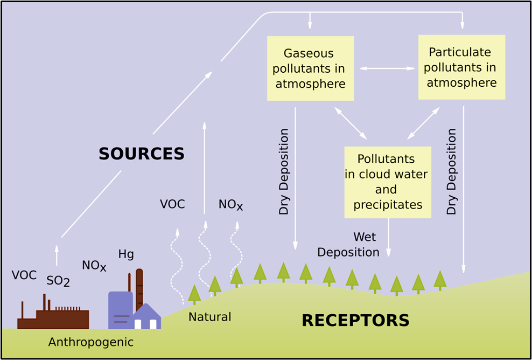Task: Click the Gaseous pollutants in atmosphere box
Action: (310, 68)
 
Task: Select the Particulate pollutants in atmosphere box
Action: (461, 67)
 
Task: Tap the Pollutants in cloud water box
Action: (387, 182)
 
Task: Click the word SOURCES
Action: (142, 154)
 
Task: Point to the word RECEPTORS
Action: (355, 321)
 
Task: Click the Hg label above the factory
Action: (126, 254)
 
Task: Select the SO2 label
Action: (58, 281)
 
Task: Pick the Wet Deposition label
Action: (349, 245)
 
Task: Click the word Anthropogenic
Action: (91, 342)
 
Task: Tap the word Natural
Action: (209, 317)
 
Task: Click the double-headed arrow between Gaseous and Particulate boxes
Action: (387, 68)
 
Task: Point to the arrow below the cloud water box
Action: (388, 237)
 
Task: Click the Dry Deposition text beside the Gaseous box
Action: (284, 171)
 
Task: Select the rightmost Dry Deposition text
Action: (452, 171)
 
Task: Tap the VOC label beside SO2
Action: (24, 275)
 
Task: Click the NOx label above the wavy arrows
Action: (230, 205)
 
